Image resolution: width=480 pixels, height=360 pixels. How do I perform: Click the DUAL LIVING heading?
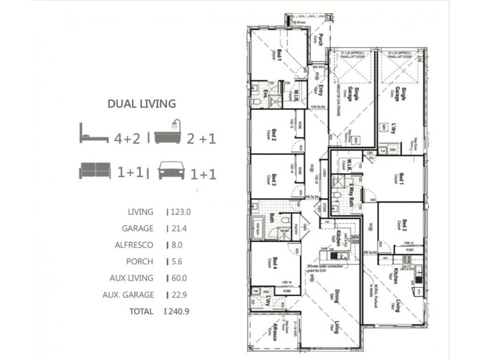tap(142, 104)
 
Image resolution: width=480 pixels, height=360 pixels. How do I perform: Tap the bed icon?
tap(94, 133)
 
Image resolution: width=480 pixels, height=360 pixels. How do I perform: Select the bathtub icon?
tap(170, 133)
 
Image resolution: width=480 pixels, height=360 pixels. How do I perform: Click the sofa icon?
tap(95, 172)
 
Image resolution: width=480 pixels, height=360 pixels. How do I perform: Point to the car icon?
tap(171, 172)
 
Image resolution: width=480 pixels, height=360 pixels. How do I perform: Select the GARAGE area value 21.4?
tap(179, 229)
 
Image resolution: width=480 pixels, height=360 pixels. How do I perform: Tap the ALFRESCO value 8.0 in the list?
tap(178, 245)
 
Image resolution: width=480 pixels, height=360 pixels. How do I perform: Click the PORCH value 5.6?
tap(178, 262)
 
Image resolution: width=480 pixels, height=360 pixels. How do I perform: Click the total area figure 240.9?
tap(180, 311)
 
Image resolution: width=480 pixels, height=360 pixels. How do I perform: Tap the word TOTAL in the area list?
tap(141, 311)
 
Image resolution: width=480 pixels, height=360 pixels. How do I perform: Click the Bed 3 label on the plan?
tap(274, 179)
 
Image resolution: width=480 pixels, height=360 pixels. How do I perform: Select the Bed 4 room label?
tap(275, 263)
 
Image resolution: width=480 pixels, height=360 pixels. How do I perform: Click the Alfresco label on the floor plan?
tap(275, 332)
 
